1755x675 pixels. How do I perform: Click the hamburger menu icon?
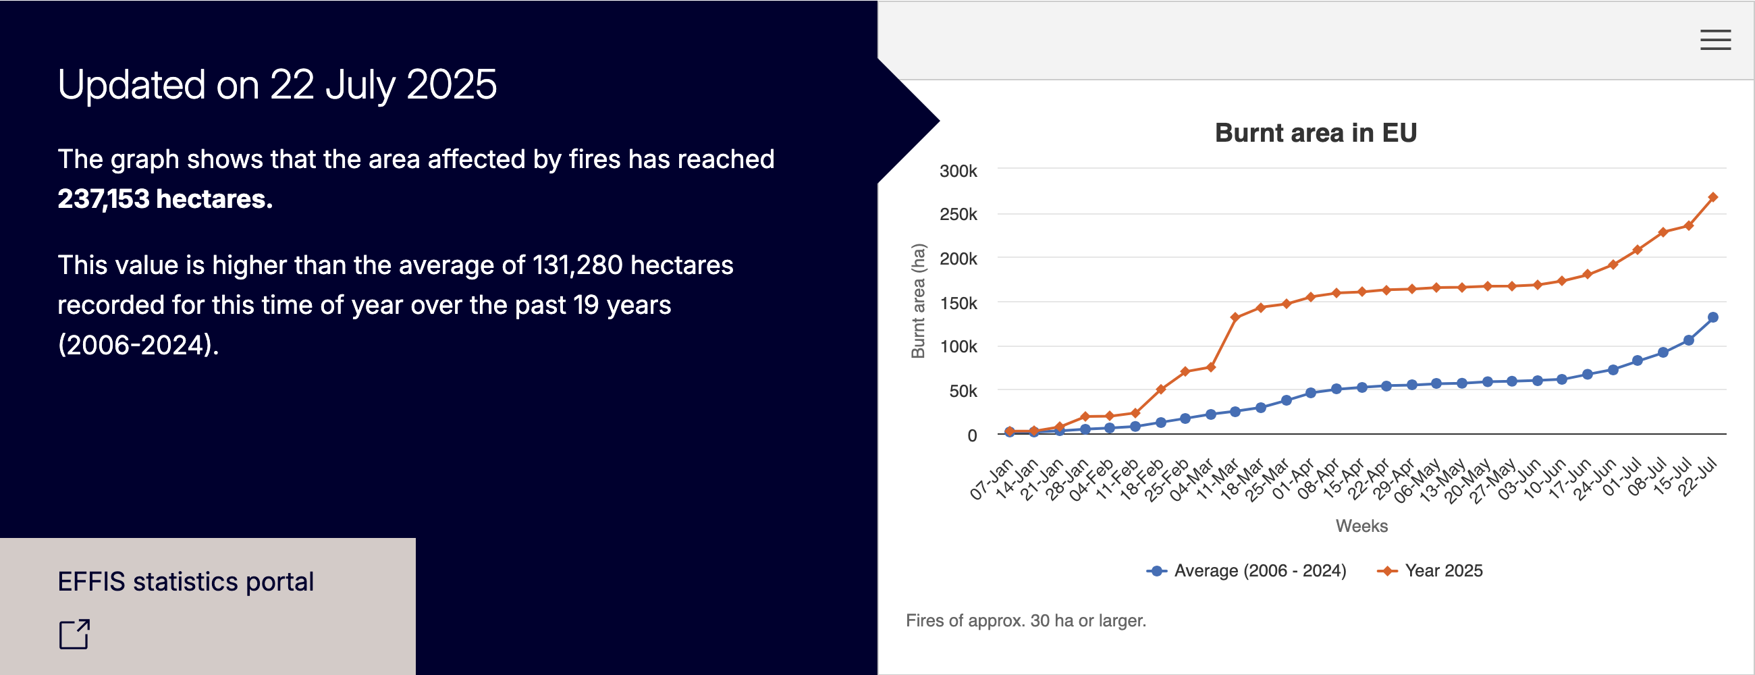1714,40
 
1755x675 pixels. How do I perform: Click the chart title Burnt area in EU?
1316,133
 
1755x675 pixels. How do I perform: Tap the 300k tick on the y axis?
958,171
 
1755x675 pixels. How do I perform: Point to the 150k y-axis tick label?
958,303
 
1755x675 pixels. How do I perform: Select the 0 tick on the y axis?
971,435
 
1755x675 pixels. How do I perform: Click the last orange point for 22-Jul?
1712,198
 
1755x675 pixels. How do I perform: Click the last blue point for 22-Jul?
1712,317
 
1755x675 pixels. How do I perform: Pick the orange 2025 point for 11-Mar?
1235,317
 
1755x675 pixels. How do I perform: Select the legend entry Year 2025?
1443,571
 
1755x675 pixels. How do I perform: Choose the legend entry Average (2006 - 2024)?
1260,571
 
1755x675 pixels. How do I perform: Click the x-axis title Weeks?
1361,526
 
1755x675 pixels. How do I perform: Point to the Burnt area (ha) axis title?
919,300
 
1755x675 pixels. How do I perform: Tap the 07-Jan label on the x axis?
992,479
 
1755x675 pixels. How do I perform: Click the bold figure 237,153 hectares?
165,199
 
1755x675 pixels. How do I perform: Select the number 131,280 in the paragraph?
577,265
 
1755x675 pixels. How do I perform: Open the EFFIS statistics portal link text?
186,582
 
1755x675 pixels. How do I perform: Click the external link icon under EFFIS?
74,634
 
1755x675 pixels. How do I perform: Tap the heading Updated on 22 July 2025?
277,85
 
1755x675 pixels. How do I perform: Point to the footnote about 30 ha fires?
1025,620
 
